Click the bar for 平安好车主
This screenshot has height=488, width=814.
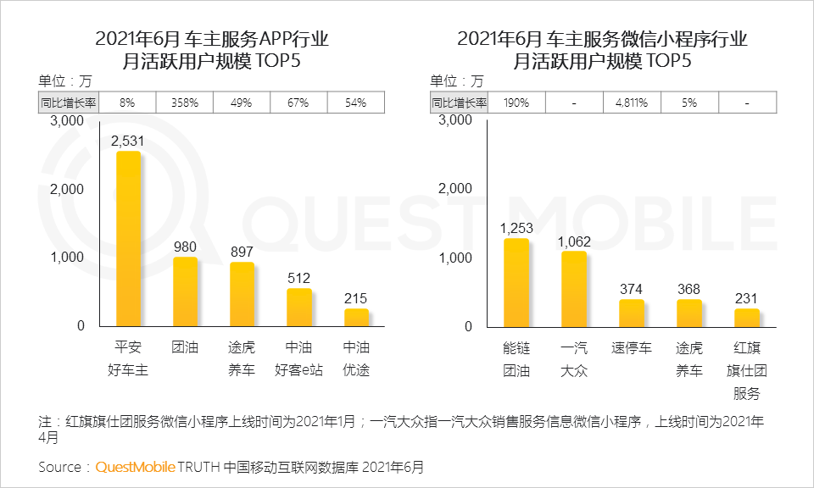128,239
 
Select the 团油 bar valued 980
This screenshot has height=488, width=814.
185,291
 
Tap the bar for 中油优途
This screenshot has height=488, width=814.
356,317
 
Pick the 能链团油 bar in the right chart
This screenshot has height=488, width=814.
516,282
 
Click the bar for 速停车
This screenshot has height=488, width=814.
631,313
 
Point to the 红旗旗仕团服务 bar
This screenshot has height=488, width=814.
746,317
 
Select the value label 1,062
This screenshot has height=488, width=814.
574,241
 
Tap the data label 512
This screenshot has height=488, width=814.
299,278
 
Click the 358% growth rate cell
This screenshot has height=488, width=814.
185,103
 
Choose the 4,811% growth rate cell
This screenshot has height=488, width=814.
631,103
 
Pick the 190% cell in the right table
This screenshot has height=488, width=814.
516,103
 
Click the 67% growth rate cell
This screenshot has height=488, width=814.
299,103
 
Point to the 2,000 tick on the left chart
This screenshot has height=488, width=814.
67,189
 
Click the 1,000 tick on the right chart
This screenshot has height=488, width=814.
455,258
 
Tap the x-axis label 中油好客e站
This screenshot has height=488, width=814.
299,359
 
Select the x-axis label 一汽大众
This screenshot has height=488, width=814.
574,359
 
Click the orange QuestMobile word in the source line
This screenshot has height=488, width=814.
135,467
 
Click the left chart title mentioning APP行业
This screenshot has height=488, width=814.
211,40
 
